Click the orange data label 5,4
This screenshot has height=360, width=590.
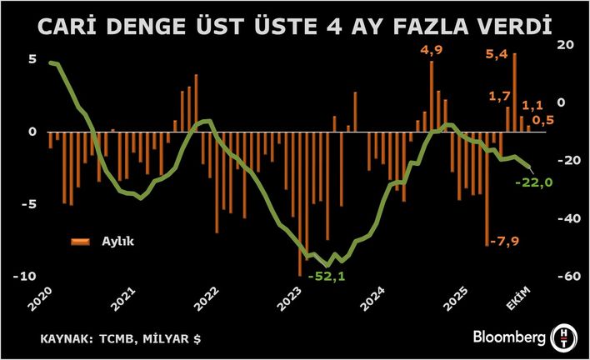point(497,56)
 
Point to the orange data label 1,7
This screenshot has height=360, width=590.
point(500,96)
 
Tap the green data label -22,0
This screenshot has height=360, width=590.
point(534,183)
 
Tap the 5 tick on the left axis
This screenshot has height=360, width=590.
point(32,60)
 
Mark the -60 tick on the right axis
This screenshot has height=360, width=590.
point(562,277)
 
